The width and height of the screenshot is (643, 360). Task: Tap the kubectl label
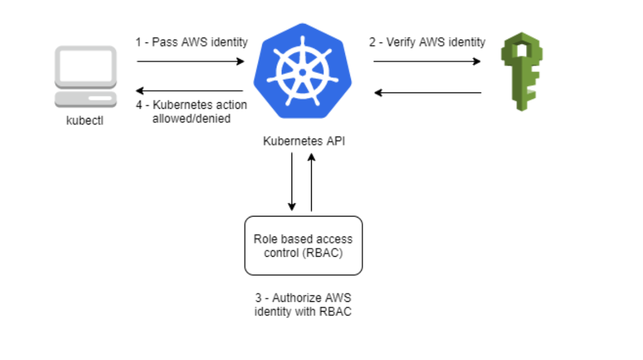click(85, 121)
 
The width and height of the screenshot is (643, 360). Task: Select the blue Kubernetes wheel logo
click(302, 71)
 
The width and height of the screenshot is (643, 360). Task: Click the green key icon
click(521, 71)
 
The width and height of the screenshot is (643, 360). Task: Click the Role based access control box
click(304, 246)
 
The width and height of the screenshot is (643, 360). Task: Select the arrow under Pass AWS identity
click(190, 61)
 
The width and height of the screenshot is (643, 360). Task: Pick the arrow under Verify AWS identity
click(427, 61)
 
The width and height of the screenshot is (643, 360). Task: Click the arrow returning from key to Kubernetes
click(428, 92)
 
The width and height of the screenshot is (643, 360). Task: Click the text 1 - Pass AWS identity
click(191, 42)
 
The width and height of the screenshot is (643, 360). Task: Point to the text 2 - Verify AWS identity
click(427, 42)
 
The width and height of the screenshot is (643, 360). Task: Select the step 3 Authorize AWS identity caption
click(303, 305)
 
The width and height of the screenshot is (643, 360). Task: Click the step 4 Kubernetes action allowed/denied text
click(191, 111)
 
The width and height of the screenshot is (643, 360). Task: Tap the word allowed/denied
click(191, 118)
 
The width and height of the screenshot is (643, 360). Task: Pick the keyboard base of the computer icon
click(85, 100)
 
